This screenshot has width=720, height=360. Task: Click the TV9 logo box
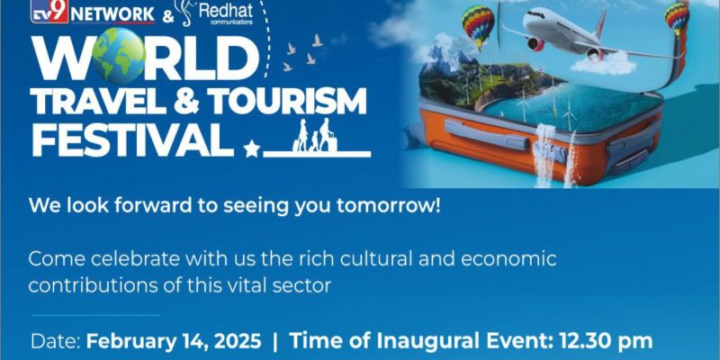click(49, 11)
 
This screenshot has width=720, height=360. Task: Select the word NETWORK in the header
click(113, 14)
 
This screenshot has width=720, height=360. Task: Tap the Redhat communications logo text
click(226, 13)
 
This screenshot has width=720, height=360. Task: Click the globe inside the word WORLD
click(119, 56)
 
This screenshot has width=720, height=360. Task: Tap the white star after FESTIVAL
click(251, 149)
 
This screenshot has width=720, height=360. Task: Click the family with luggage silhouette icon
click(316, 135)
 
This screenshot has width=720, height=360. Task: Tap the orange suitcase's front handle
click(487, 134)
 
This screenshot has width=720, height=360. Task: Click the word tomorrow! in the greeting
click(389, 206)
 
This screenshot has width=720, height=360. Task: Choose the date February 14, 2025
click(174, 342)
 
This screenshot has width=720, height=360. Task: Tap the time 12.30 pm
click(605, 342)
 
